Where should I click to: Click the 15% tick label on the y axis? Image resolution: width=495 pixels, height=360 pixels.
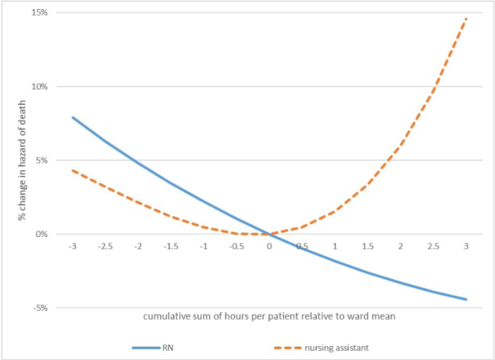point(40,13)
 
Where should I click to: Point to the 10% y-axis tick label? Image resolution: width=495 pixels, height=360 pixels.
point(40,87)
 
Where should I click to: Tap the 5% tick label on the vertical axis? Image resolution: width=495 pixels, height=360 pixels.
point(41,160)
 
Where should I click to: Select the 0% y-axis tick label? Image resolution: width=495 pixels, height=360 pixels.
point(41,234)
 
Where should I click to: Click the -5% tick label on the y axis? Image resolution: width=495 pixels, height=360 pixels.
point(40,307)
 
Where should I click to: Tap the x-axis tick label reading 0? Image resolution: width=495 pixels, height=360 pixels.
point(269,246)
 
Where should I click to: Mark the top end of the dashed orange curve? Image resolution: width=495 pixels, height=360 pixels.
point(466,17)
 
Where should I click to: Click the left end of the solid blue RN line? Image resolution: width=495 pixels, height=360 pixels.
point(73,117)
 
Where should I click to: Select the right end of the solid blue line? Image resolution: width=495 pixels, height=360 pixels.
point(466,299)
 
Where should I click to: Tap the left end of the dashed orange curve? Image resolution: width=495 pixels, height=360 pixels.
point(73,170)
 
